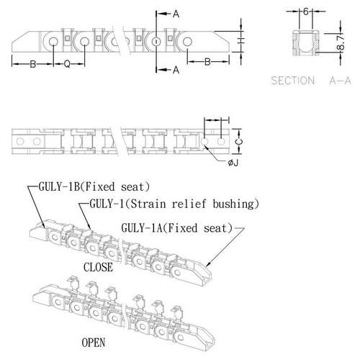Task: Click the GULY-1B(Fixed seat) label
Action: pyautogui.click(x=94, y=187)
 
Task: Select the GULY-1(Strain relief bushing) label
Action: pyautogui.click(x=174, y=204)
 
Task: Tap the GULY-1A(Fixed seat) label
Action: pyautogui.click(x=177, y=228)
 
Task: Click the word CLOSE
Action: pyautogui.click(x=98, y=267)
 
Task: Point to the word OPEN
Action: pyautogui.click(x=94, y=343)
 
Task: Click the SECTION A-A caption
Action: pyautogui.click(x=311, y=81)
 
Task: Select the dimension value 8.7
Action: pyautogui.click(x=341, y=42)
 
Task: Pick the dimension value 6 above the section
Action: pyautogui.click(x=306, y=12)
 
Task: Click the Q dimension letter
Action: pyautogui.click(x=68, y=64)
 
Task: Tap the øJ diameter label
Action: pyautogui.click(x=233, y=163)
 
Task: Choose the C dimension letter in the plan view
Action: pyautogui.click(x=239, y=142)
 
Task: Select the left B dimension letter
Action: pyautogui.click(x=33, y=64)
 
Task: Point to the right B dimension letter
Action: pyautogui.click(x=207, y=62)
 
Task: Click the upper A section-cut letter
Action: pyautogui.click(x=176, y=14)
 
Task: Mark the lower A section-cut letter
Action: pyautogui.click(x=176, y=70)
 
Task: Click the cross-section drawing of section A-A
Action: pyautogui.click(x=306, y=43)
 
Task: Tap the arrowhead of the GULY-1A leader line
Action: pyautogui.click(x=207, y=266)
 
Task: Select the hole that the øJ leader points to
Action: pyautogui.click(x=204, y=142)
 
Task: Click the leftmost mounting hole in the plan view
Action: pyautogui.click(x=20, y=141)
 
